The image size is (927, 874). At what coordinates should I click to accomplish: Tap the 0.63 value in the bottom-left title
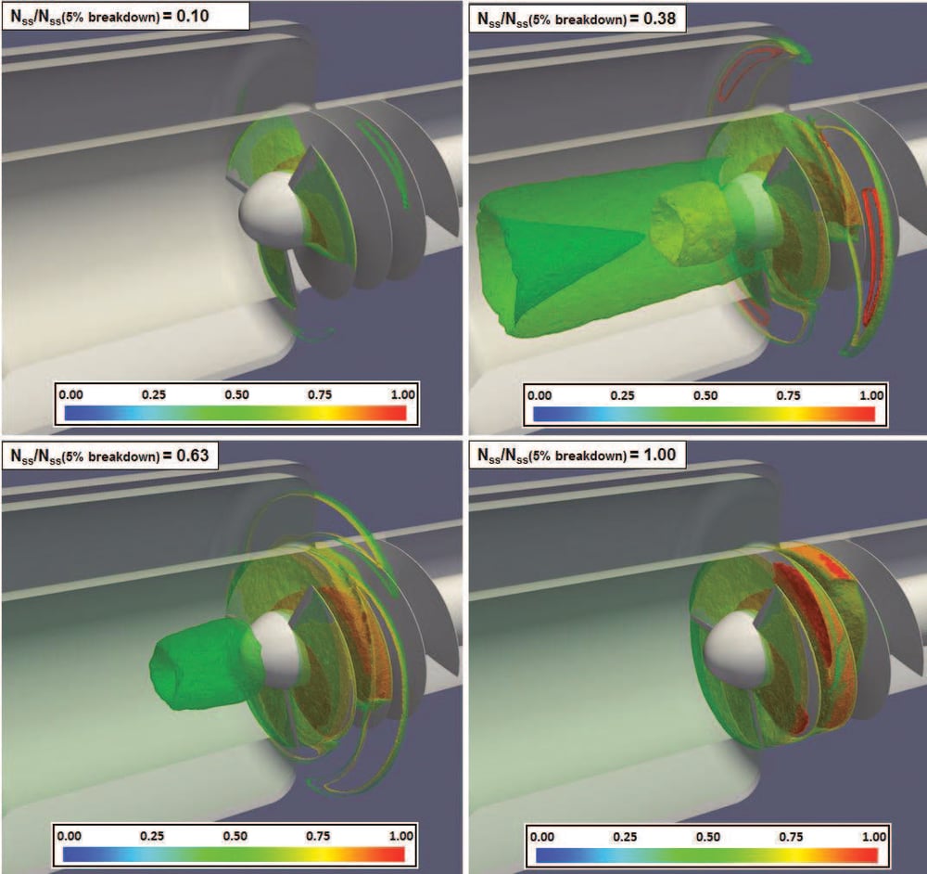click(x=199, y=455)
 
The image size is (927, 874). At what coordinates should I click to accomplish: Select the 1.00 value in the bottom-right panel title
click(x=668, y=455)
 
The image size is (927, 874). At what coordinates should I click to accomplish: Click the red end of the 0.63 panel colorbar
click(x=394, y=853)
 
